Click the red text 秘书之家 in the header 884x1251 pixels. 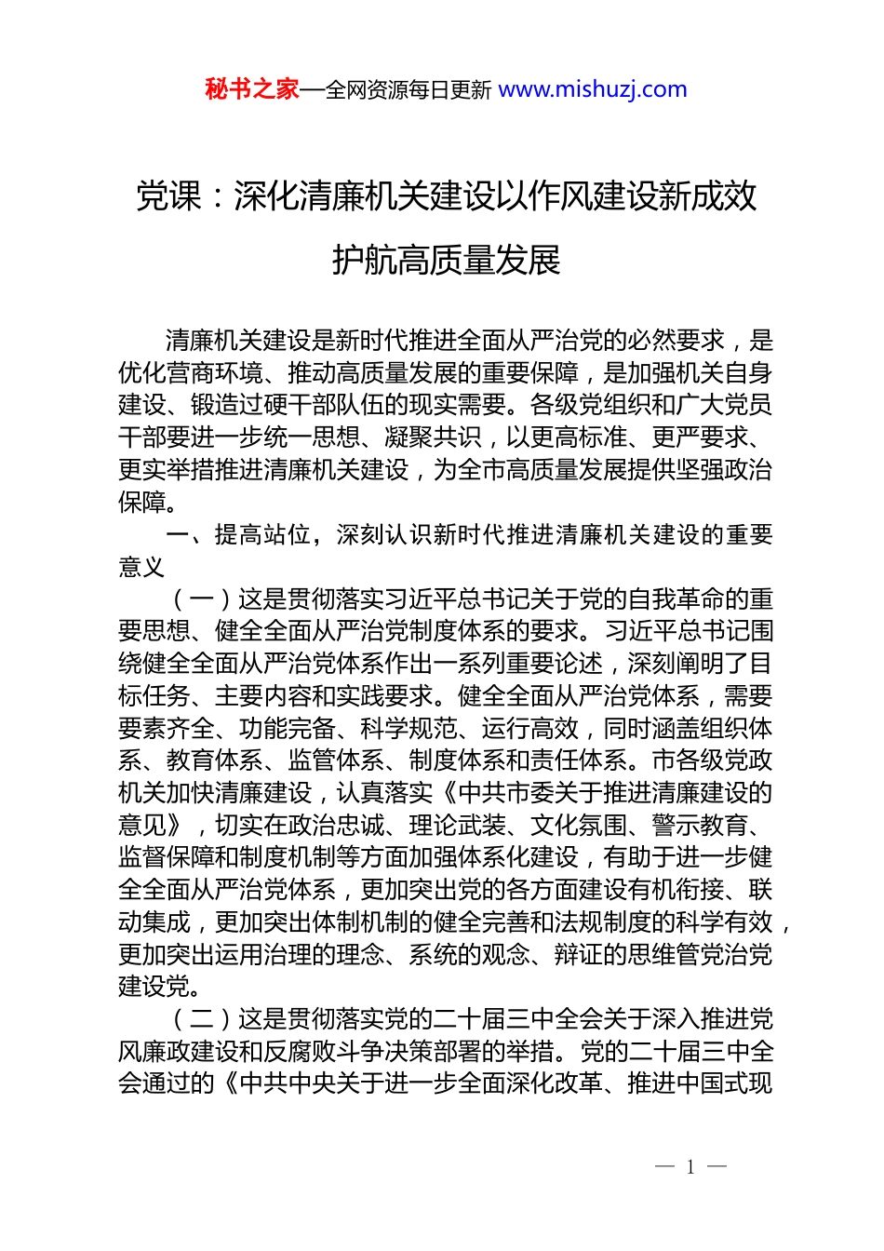point(252,89)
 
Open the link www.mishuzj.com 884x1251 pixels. point(593,89)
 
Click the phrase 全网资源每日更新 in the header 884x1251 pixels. point(408,90)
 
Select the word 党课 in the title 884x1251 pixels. point(168,196)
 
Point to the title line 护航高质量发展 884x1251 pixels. point(447,260)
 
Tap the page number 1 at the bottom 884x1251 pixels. point(690,1166)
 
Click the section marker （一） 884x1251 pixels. point(202,599)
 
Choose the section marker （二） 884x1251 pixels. point(202,1019)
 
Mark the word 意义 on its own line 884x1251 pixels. point(142,567)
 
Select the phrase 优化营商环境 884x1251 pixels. point(191,373)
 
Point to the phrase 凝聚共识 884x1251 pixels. point(432,437)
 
